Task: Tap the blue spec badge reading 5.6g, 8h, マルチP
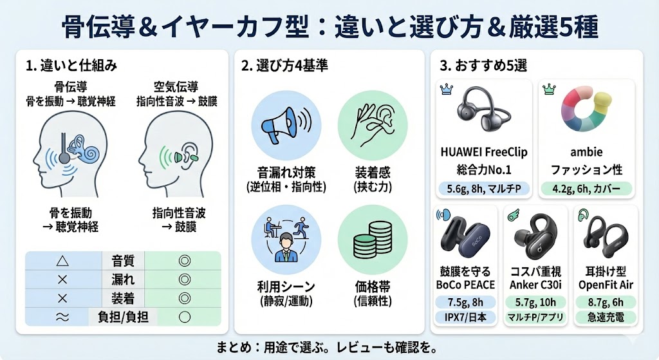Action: point(483,189)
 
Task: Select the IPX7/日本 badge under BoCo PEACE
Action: point(467,317)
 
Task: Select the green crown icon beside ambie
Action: point(549,90)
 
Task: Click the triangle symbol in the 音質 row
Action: point(62,261)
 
